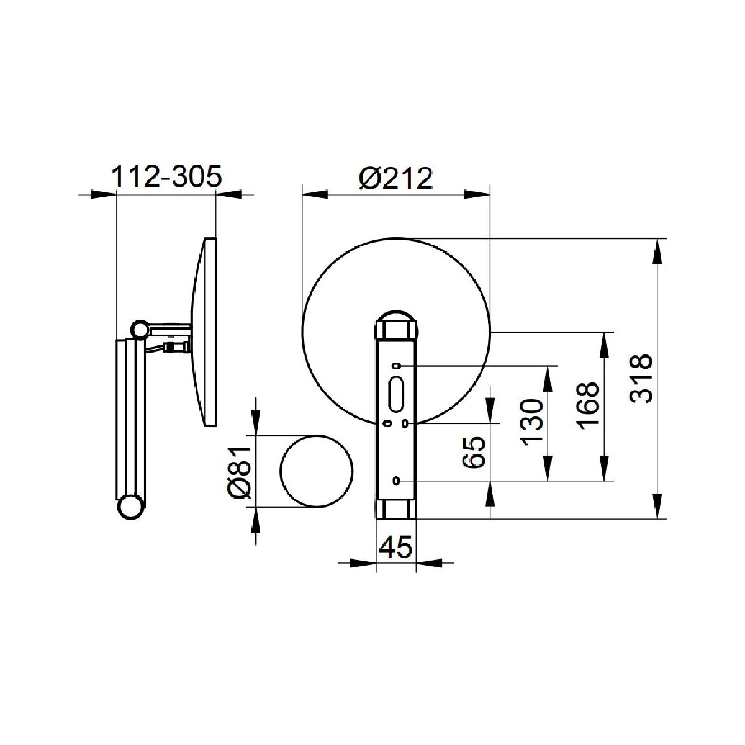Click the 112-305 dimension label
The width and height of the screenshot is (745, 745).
click(166, 177)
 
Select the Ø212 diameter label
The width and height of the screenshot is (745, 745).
click(396, 179)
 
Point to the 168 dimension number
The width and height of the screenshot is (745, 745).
click(588, 406)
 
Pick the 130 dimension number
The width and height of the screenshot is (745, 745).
click(531, 423)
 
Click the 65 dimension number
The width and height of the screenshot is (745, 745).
click(474, 452)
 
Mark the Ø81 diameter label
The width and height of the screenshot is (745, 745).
click(240, 471)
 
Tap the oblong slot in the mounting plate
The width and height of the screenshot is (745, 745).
click(396, 395)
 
